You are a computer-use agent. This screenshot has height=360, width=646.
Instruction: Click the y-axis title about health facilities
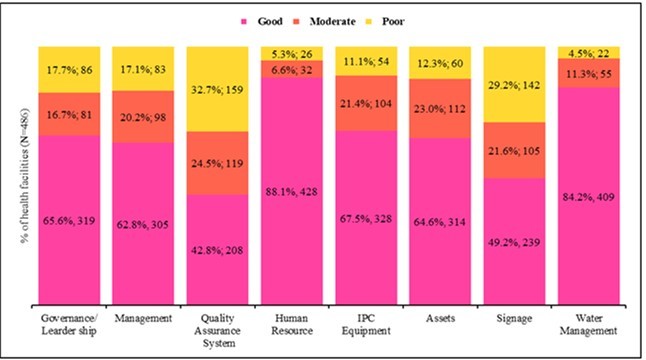pos(16,176)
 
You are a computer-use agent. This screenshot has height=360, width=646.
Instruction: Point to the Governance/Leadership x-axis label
pos(67,324)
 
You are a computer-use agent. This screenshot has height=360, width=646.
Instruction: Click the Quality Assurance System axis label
pos(215,329)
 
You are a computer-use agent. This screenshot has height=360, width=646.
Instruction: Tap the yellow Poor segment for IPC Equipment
pos(364,60)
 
